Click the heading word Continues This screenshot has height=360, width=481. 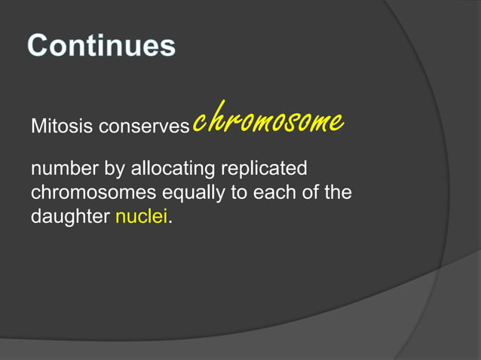click(x=102, y=46)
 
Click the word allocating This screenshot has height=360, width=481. click(x=173, y=169)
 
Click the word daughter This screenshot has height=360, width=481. click(x=70, y=218)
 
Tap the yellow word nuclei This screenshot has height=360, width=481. click(x=142, y=218)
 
